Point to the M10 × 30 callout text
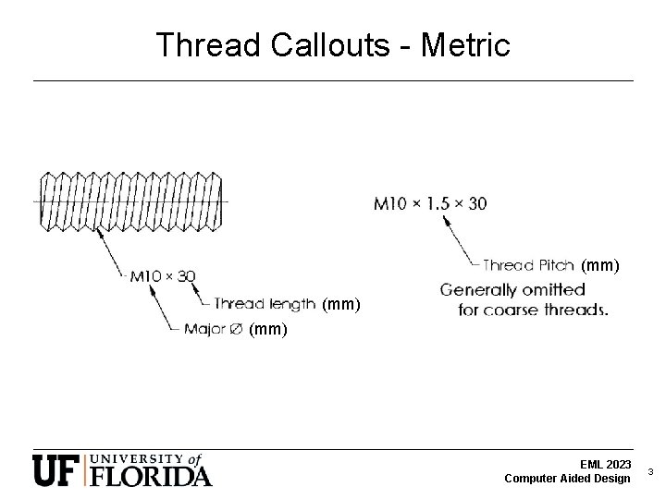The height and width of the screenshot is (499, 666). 162,275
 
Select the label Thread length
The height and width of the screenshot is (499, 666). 265,303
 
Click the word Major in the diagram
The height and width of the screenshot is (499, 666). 204,328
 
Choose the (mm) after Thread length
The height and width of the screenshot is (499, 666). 341,303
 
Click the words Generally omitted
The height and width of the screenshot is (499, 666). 512,289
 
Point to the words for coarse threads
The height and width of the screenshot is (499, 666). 533,310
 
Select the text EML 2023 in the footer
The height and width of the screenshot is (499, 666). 606,464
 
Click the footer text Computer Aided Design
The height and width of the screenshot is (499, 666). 568,478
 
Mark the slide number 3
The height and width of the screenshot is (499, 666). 650,471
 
